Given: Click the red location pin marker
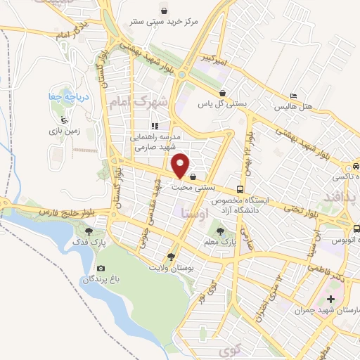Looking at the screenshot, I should click(181, 165).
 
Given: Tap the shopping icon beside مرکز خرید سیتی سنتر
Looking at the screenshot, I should click(164, 11).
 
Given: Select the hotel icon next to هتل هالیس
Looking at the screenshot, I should click(293, 96).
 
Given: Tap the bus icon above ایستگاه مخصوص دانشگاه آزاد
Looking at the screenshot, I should click(240, 189).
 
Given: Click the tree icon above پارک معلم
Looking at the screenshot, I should click(220, 231).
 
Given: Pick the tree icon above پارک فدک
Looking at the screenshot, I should click(89, 231).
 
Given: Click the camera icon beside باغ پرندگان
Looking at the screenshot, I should click(101, 269).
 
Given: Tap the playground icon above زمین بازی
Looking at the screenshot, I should click(65, 119).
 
